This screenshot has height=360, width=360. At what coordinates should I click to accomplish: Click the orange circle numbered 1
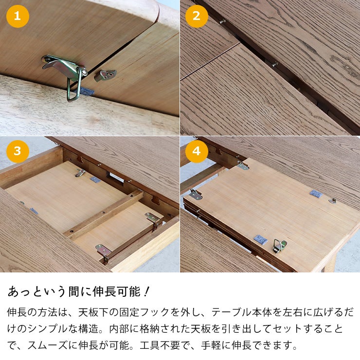tap(18, 17)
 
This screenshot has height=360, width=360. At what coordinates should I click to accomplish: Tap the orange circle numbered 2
tap(197, 17)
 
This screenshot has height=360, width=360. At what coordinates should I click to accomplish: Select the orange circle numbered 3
tap(18, 151)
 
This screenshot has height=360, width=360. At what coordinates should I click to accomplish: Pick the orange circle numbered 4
tap(197, 151)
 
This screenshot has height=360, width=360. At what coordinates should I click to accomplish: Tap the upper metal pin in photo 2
tap(223, 21)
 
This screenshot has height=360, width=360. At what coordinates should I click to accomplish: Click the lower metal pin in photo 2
tap(275, 64)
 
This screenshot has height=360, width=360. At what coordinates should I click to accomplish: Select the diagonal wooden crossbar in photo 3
tap(105, 214)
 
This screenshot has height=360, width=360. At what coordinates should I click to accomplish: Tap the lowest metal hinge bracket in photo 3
tap(104, 251)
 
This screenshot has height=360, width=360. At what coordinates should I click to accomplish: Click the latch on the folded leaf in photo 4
tap(279, 246)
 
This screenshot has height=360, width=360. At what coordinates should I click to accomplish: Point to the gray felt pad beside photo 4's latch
tap(259, 239)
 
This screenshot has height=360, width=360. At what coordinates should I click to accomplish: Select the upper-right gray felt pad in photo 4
tap(316, 194)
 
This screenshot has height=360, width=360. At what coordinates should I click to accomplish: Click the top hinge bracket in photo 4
tap(242, 165)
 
